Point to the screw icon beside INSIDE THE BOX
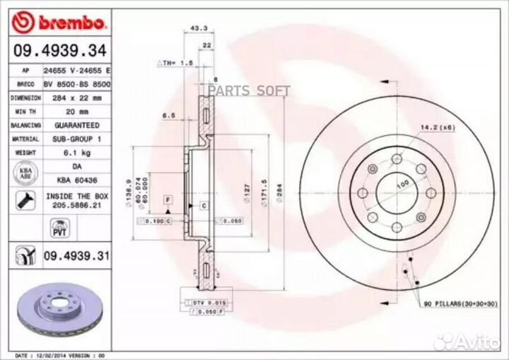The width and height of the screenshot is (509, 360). [21, 199]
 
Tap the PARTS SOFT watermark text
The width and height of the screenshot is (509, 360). [248, 90]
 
